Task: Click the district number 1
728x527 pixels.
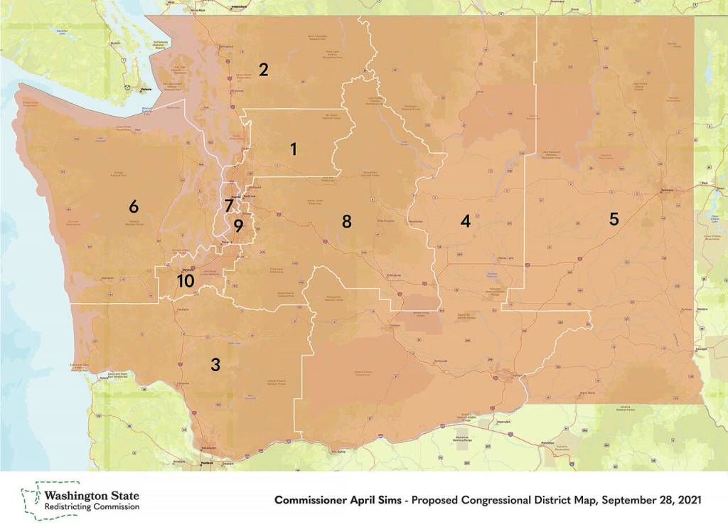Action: point(292,149)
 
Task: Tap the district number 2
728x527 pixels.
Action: point(263,70)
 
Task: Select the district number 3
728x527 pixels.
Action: point(215,365)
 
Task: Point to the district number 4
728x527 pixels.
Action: point(465,221)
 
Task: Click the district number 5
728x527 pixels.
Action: point(614,219)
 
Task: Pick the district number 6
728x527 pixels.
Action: point(133,207)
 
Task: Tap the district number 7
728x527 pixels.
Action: point(228,206)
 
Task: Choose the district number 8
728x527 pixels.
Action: point(346,221)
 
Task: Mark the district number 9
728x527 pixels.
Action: point(238,226)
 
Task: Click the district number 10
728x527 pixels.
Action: point(185,281)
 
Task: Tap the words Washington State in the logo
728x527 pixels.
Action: point(92,495)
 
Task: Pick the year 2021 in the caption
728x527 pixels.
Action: point(688,501)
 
